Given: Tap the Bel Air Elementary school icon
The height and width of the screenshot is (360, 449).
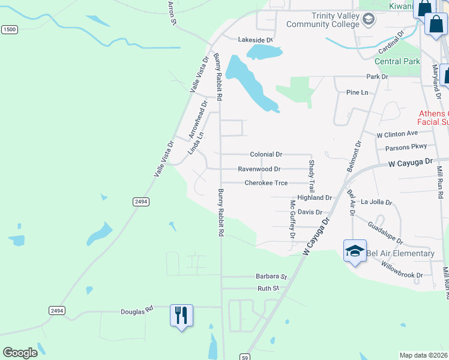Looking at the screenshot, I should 355,251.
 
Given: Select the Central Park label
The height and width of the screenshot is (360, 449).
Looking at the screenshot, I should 397,61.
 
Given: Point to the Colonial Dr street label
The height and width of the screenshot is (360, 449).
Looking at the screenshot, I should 266,154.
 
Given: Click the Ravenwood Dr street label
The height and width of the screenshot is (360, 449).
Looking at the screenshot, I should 259,169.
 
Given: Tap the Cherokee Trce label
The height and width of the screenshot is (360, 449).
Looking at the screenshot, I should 266,183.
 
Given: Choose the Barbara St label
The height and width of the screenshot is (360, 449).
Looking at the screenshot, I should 271,277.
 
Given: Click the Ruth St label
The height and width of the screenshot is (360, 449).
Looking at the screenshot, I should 268,289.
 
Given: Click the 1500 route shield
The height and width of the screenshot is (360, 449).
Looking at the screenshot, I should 9,29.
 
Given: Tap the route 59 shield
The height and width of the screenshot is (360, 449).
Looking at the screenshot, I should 244,356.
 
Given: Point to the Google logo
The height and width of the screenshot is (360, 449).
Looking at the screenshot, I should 20,353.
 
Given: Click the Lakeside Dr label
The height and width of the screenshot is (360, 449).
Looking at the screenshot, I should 256,40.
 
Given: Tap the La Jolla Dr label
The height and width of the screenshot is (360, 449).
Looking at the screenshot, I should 376,203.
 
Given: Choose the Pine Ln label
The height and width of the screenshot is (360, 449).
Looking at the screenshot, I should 357,92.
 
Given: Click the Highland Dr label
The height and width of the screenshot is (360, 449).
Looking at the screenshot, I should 315,197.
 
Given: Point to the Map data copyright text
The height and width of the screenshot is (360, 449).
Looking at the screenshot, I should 424,355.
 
